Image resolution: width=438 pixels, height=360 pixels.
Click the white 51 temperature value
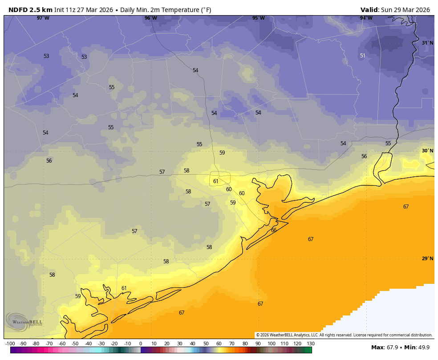coord(362,56)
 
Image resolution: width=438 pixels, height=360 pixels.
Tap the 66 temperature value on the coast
coord(273,230)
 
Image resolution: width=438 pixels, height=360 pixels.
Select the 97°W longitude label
coord(43,18)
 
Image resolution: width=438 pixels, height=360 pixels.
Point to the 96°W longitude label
coord(150,18)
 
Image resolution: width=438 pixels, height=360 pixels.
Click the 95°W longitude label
coord(258,18)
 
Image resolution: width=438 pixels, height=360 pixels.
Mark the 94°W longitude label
coord(366,18)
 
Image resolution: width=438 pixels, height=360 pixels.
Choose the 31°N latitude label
coord(427,43)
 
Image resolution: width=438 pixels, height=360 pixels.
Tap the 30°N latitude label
coord(427,151)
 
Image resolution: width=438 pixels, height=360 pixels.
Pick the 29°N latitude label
coord(427,258)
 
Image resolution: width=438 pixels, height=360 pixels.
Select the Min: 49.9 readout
coord(417,347)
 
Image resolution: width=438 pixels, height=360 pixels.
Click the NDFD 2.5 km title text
coord(30,10)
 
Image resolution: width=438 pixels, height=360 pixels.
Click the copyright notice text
coord(344,335)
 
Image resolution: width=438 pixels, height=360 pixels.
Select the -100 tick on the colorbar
coord(10,344)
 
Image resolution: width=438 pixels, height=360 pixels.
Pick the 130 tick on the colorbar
coord(311,344)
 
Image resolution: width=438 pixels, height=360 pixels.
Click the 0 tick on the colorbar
coord(141,344)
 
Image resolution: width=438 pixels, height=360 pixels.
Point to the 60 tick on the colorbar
coord(219,344)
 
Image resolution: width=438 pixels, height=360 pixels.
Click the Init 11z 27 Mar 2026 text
coord(84,10)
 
